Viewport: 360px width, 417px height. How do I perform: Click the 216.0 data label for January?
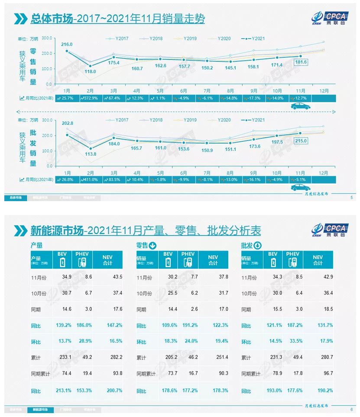point(67,44)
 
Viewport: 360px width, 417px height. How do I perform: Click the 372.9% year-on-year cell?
point(92,98)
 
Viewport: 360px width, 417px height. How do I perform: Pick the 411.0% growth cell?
point(91,179)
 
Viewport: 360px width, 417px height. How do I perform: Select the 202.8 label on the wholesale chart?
point(67,124)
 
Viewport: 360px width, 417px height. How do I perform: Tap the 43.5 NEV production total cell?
point(117,277)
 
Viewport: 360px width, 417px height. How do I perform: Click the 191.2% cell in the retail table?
point(189,326)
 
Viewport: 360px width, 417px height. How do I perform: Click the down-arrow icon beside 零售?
point(152,246)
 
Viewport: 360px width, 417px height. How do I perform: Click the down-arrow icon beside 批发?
point(257,246)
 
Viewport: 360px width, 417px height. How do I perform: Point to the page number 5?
point(351,198)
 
